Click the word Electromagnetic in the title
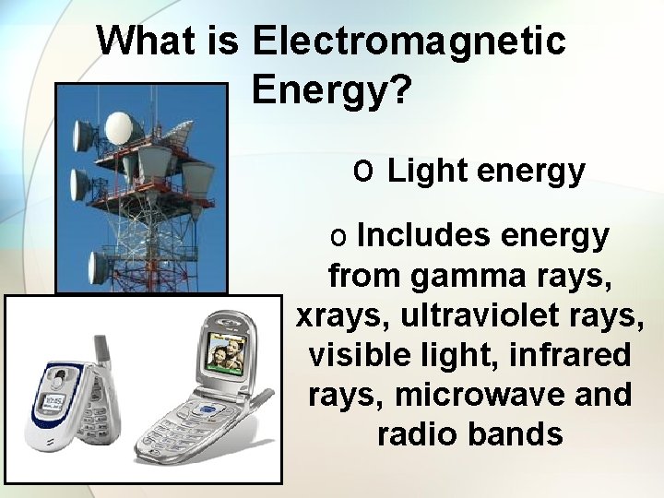[x=407, y=41]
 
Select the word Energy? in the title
[x=331, y=90]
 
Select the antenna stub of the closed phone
[x=102, y=350]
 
